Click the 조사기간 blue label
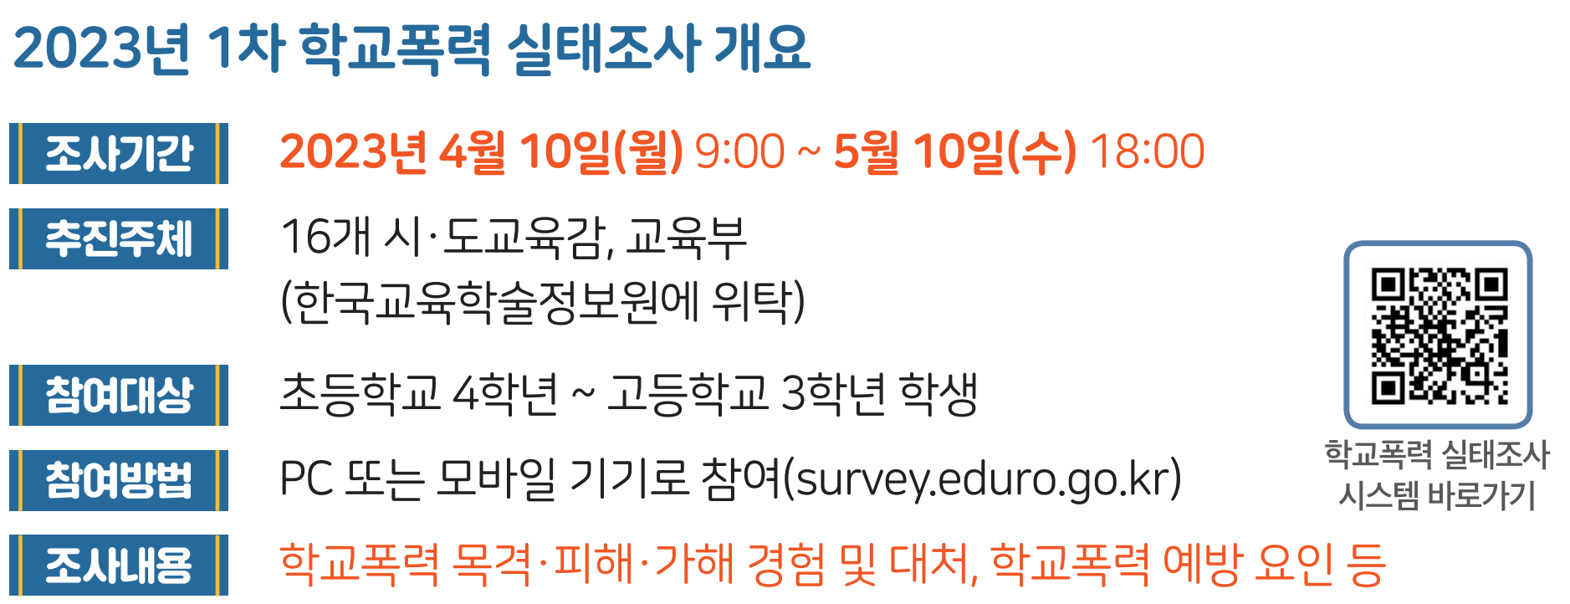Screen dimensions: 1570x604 [x=119, y=153]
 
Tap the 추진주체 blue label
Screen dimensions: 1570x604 [x=119, y=238]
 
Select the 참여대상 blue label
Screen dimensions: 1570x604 [x=119, y=395]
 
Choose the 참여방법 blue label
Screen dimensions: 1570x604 [x=119, y=480]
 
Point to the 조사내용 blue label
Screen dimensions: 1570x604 [x=119, y=565]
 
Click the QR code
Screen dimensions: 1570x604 [x=1438, y=335]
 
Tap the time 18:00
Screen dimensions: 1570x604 [x=1147, y=152]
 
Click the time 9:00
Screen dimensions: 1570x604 [x=739, y=152]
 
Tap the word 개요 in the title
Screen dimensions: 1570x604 [x=762, y=47]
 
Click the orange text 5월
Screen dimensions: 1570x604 [x=866, y=152]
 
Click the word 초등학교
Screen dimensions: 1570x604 [x=360, y=394]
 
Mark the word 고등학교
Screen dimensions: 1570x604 [x=688, y=394]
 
